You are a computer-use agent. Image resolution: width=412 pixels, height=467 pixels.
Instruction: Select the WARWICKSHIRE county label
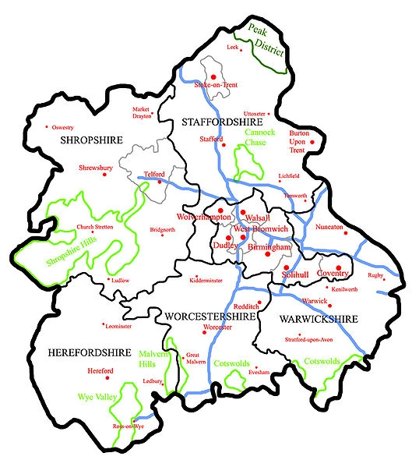[318, 320]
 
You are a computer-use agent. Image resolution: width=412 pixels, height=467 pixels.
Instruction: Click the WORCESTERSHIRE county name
[210, 316]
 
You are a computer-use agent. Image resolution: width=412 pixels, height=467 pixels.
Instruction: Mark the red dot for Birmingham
[267, 255]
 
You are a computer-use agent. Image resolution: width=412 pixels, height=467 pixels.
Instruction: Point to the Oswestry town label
[62, 128]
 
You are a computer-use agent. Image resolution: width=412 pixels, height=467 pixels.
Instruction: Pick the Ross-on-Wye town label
[128, 426]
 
